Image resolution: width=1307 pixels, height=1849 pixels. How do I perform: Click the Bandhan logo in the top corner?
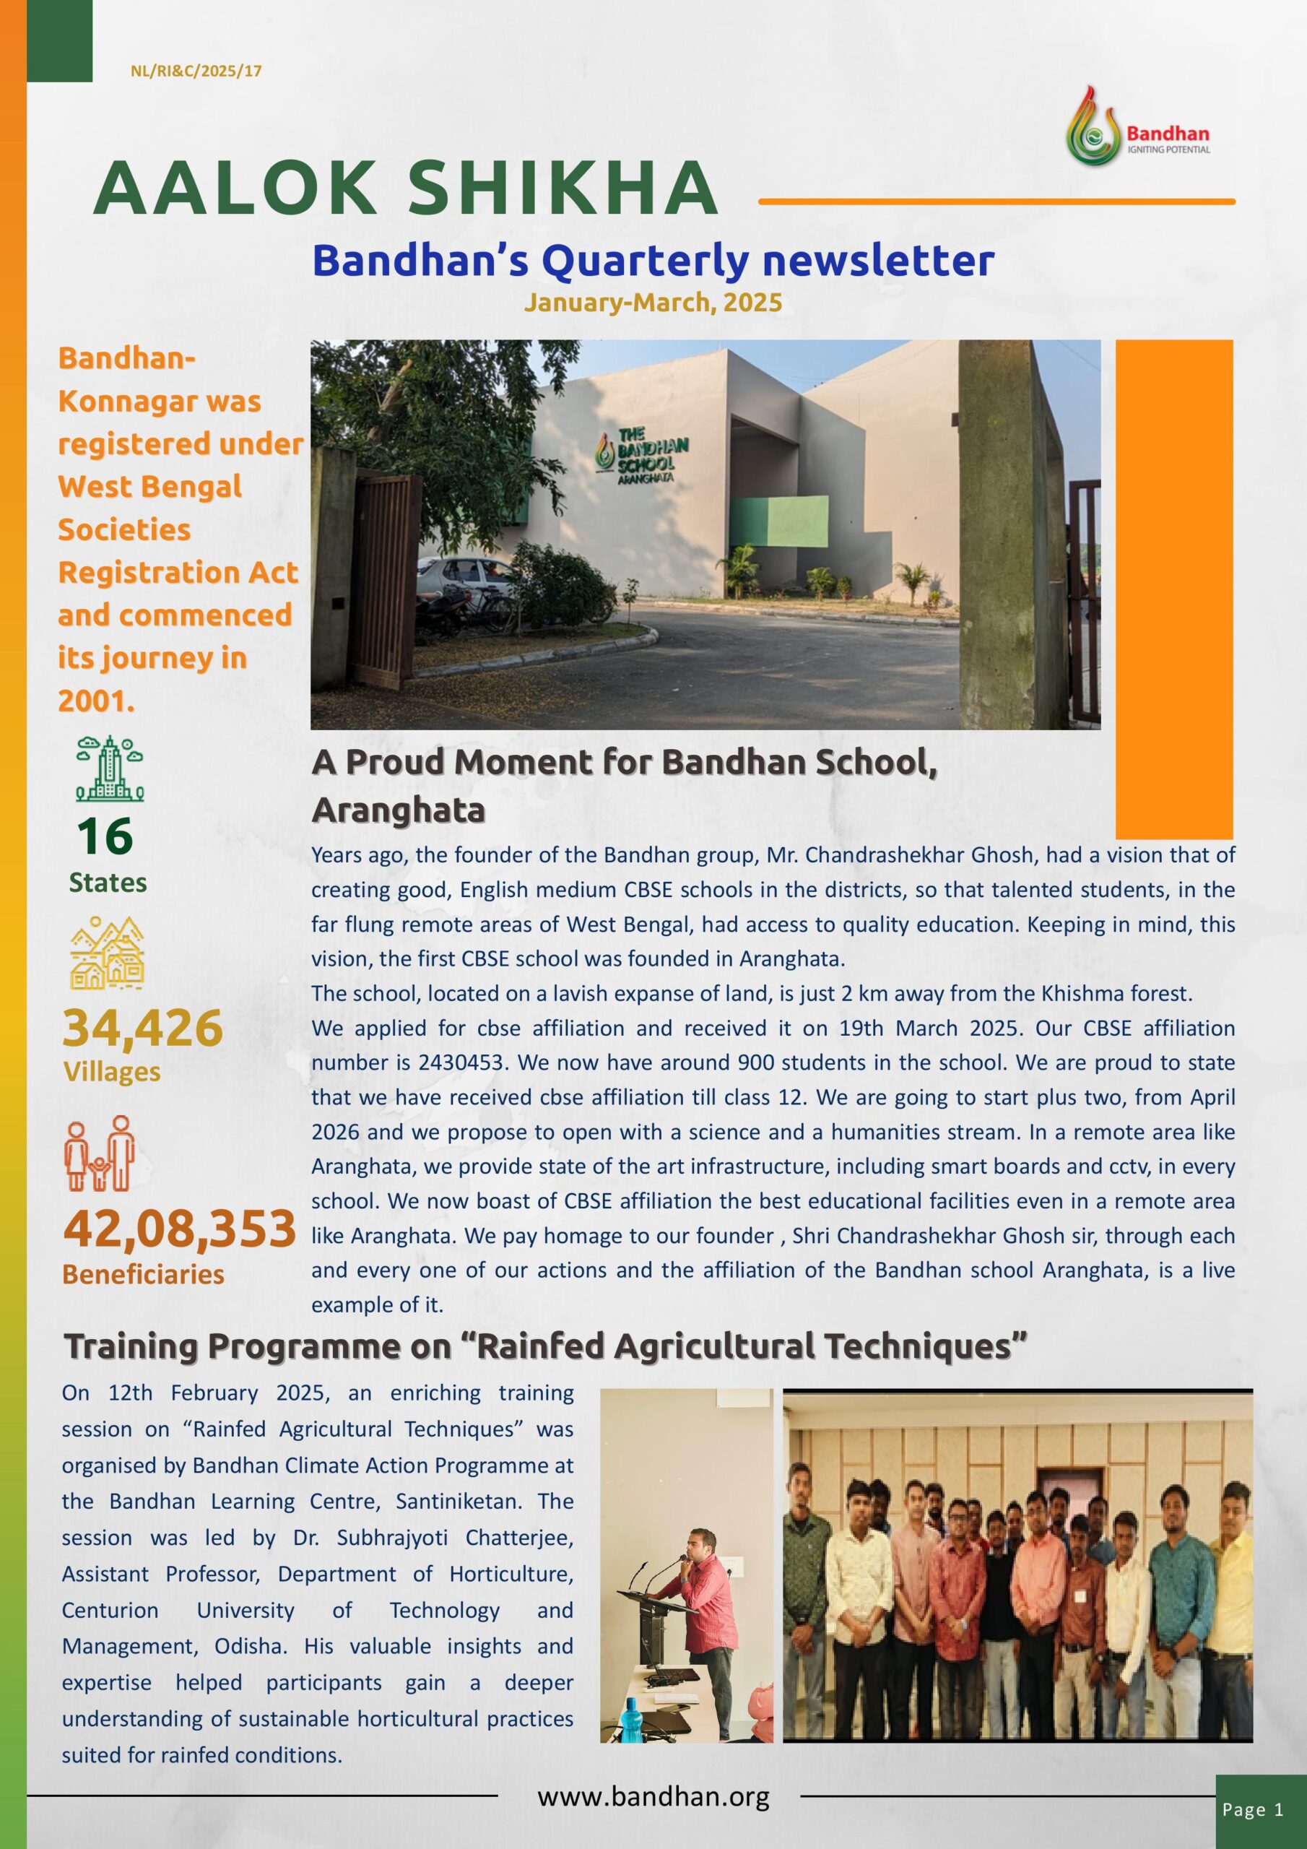[1137, 126]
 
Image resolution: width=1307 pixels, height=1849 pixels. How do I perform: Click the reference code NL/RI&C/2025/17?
[196, 72]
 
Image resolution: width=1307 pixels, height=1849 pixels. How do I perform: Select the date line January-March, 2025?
[652, 303]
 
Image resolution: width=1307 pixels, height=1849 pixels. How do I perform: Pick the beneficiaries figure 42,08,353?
[180, 1230]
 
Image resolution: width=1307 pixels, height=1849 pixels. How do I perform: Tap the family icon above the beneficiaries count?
[100, 1153]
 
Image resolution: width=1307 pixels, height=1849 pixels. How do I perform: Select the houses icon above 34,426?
[107, 953]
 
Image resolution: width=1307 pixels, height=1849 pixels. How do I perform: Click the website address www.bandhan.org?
[653, 1796]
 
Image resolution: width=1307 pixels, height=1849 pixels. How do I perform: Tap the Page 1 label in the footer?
[1253, 1809]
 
